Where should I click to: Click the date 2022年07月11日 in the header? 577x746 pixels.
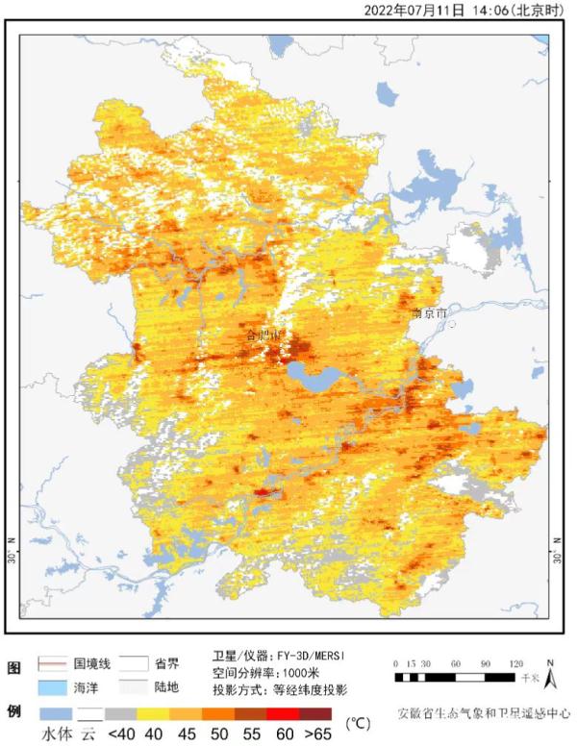[x=415, y=11]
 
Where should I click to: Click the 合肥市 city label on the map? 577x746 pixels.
[x=263, y=335]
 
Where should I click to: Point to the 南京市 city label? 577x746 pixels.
[x=429, y=313]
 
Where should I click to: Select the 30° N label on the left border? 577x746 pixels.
[x=12, y=557]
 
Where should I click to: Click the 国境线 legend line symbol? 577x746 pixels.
[x=54, y=664]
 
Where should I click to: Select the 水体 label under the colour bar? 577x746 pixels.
[x=55, y=734]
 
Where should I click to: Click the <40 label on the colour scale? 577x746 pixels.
[x=120, y=734]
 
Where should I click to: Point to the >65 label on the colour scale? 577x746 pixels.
[x=318, y=734]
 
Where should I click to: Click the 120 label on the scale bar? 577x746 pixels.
[x=518, y=664]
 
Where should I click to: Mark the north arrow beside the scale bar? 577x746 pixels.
[x=549, y=677]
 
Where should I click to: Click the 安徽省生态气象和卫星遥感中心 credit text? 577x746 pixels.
[x=484, y=714]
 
